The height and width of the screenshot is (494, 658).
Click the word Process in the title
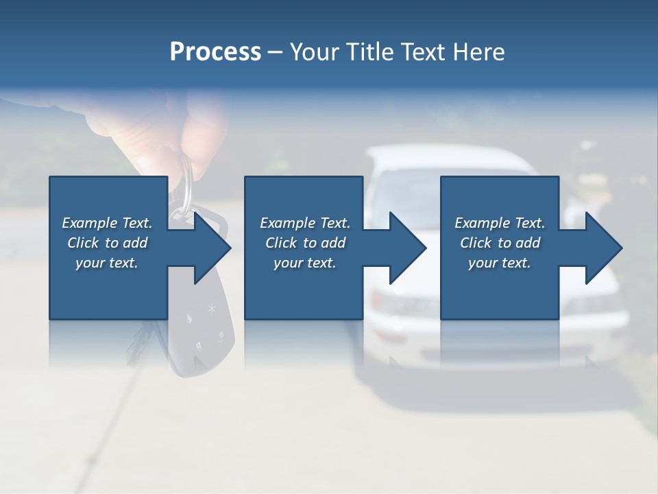(215, 52)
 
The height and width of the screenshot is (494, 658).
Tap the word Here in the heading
(478, 52)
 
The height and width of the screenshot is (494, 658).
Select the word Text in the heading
(423, 52)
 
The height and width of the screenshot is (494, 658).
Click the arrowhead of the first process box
(212, 248)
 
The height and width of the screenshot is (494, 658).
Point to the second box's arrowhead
(409, 248)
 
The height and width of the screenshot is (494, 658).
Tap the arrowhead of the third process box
(605, 248)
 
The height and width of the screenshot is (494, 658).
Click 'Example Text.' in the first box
(108, 222)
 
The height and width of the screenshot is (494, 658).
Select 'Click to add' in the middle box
(306, 242)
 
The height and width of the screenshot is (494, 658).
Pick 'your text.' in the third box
(500, 262)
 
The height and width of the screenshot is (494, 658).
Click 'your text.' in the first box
(108, 262)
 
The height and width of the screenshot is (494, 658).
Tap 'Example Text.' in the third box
(500, 222)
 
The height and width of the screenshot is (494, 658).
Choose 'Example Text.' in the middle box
(306, 222)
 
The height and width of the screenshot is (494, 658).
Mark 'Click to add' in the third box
(500, 242)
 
